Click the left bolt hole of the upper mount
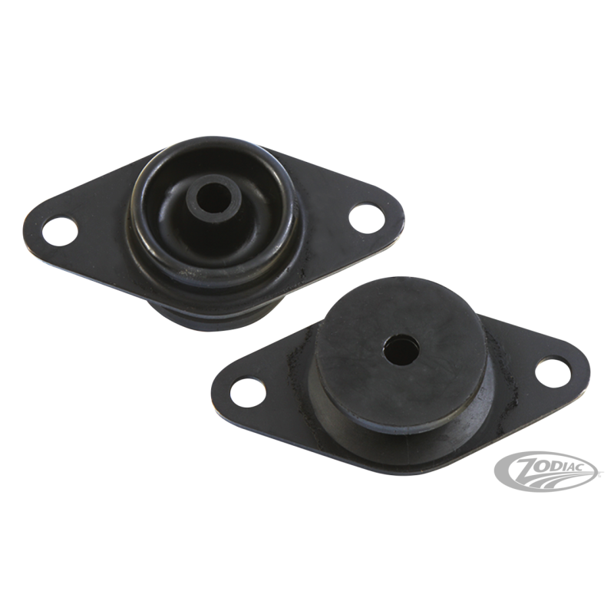pos(61,231)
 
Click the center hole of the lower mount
pos(401,346)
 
